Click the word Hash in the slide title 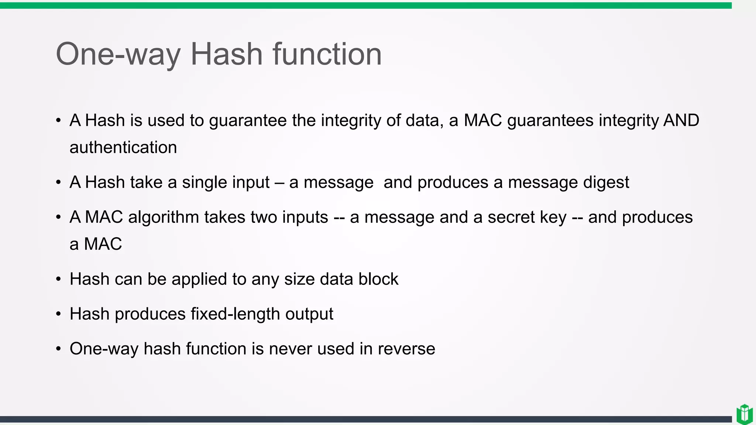[226, 54]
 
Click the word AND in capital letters [681, 120]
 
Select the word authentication [123, 148]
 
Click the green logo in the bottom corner [744, 414]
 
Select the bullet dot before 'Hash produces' [58, 314]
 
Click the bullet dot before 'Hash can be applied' [58, 279]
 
